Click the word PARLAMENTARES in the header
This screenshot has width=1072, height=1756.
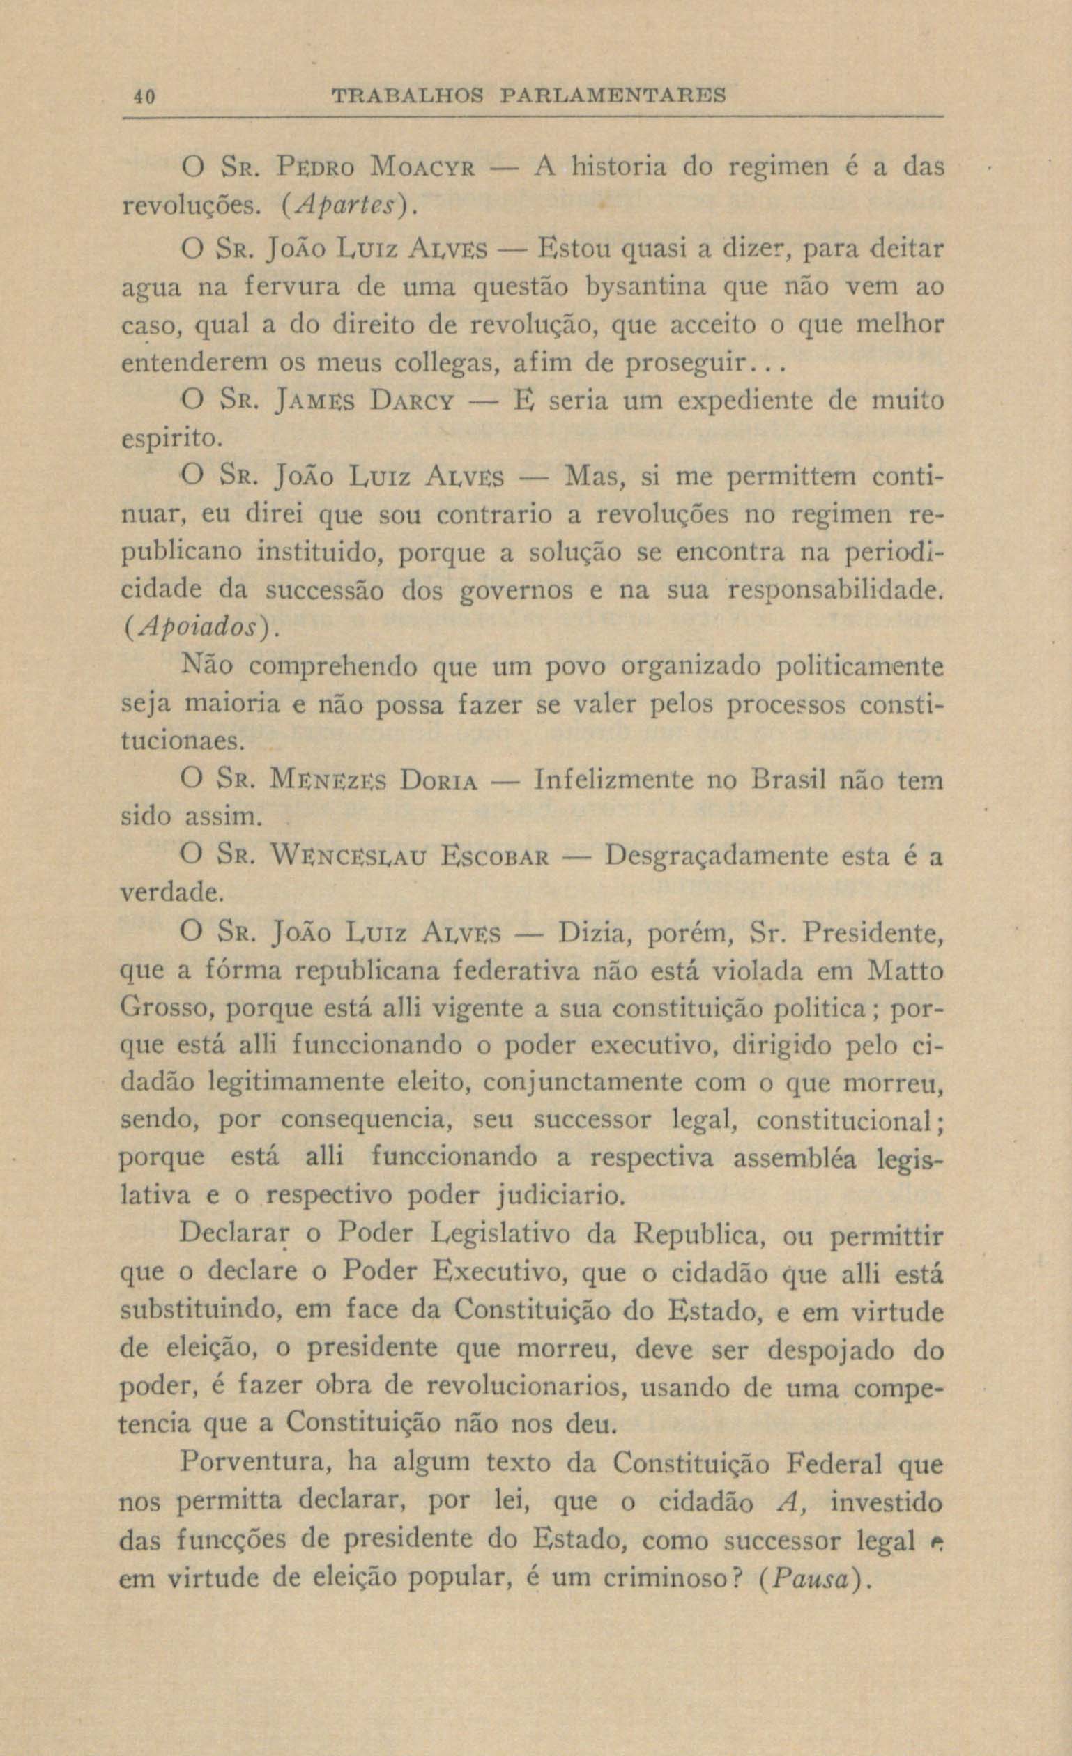(x=611, y=95)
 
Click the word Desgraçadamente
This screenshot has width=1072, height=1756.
(x=716, y=856)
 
